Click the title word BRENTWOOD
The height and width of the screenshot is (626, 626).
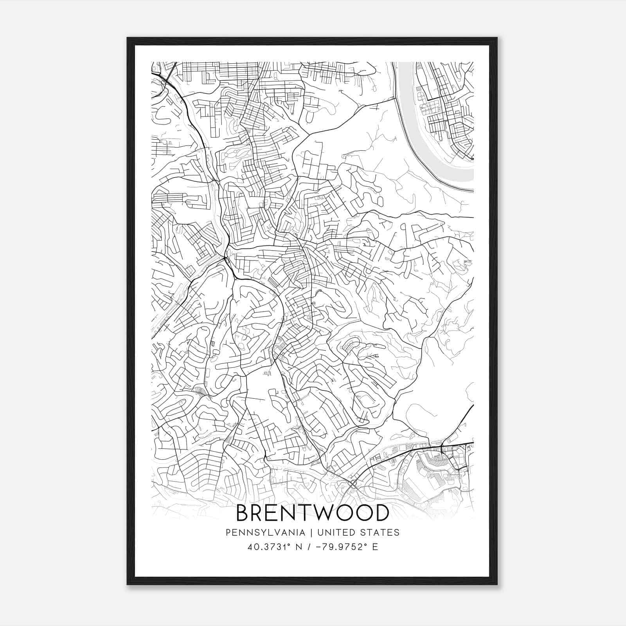click(x=313, y=513)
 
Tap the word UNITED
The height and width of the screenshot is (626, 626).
click(x=335, y=532)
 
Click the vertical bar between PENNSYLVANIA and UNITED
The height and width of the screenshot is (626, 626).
click(x=311, y=532)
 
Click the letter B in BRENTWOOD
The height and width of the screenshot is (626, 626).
click(x=243, y=513)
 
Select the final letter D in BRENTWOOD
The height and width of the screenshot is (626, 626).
click(x=381, y=513)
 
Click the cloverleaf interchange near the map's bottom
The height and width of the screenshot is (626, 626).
click(x=352, y=484)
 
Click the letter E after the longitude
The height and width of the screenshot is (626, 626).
click(x=375, y=547)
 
